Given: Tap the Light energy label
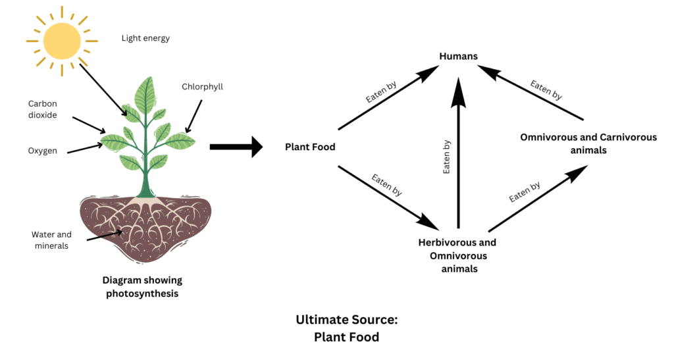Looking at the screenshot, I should [145, 38].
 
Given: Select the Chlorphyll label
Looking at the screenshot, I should [203, 86].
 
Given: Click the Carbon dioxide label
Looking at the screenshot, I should [43, 109].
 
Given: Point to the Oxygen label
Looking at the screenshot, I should [42, 151].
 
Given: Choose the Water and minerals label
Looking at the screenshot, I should [51, 240].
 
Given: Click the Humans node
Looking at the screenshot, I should [458, 57].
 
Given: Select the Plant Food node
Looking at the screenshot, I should [310, 147].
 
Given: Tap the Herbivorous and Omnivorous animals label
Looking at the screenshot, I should [457, 255].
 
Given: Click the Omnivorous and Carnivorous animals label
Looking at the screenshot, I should [588, 143].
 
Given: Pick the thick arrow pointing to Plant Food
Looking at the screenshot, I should [236, 147].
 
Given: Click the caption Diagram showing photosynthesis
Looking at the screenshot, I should [142, 287].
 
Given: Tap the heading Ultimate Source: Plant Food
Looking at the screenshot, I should [347, 328].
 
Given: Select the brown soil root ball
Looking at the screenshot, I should [145, 226].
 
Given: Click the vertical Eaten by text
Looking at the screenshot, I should [447, 157].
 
